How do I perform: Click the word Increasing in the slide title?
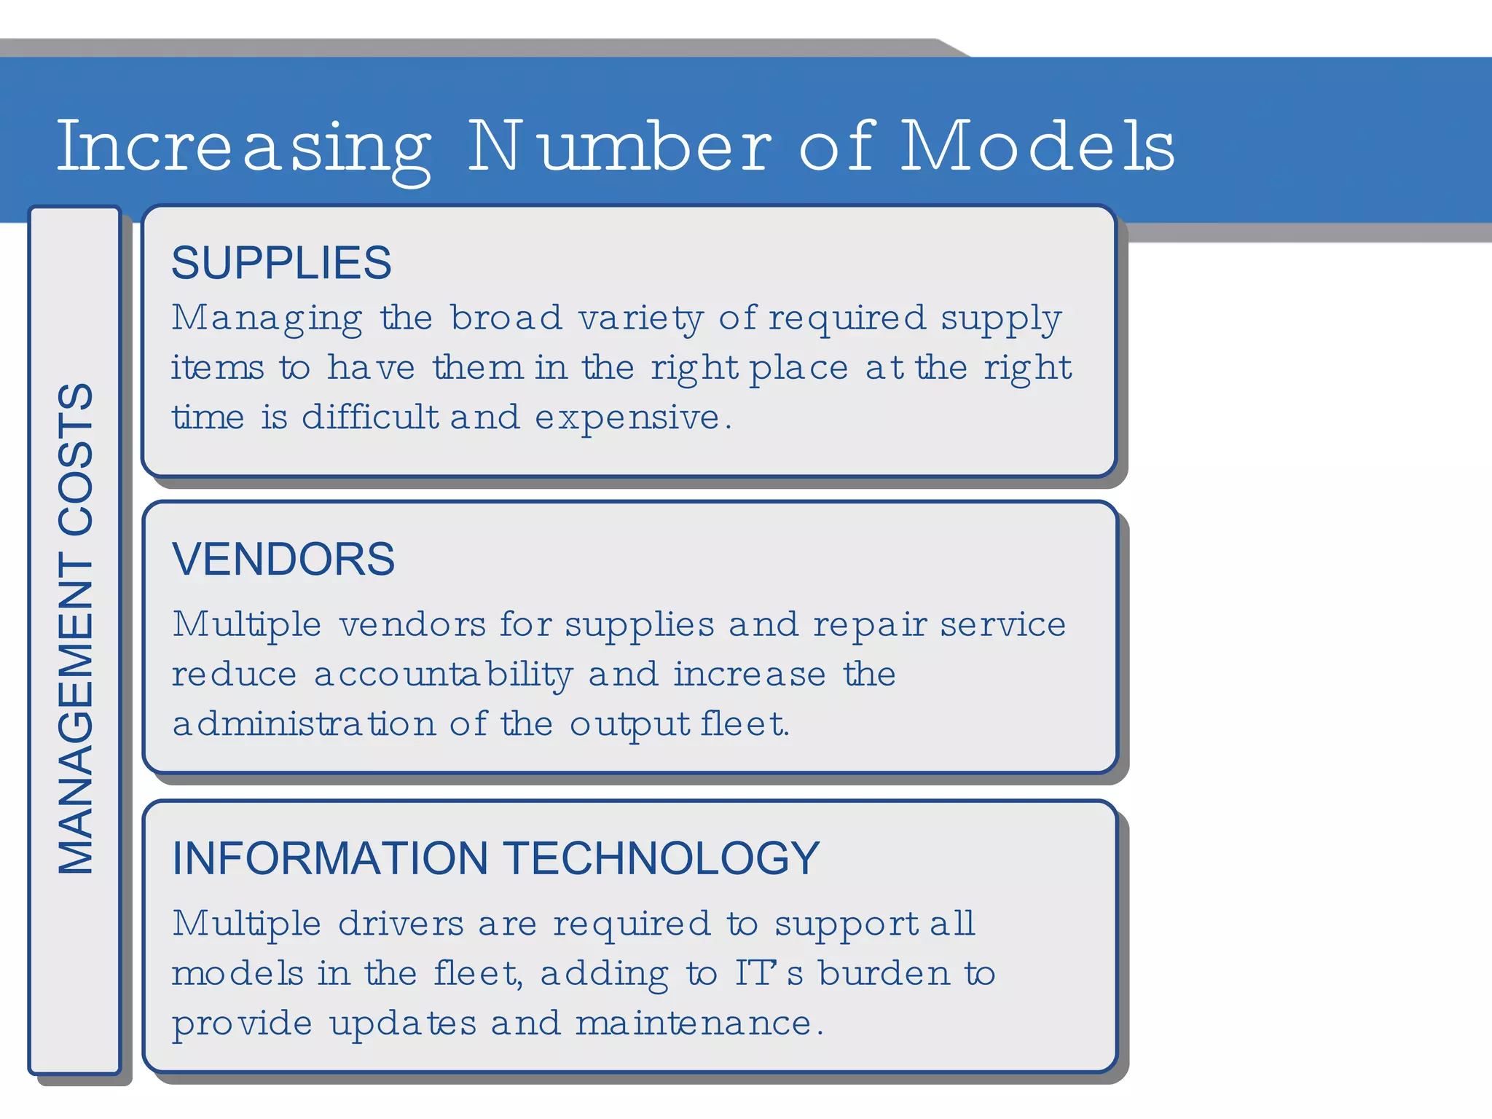point(244,148)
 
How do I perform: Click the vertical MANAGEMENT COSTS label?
point(76,628)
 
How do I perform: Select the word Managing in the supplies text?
point(267,319)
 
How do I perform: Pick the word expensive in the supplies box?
point(627,418)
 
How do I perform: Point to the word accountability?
point(444,675)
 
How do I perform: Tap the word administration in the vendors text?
point(304,724)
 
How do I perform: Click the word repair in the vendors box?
point(870,625)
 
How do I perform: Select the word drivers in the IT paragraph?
point(401,924)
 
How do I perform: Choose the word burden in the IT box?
point(884,973)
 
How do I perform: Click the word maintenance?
point(694,1024)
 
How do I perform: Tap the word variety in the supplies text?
point(641,319)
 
